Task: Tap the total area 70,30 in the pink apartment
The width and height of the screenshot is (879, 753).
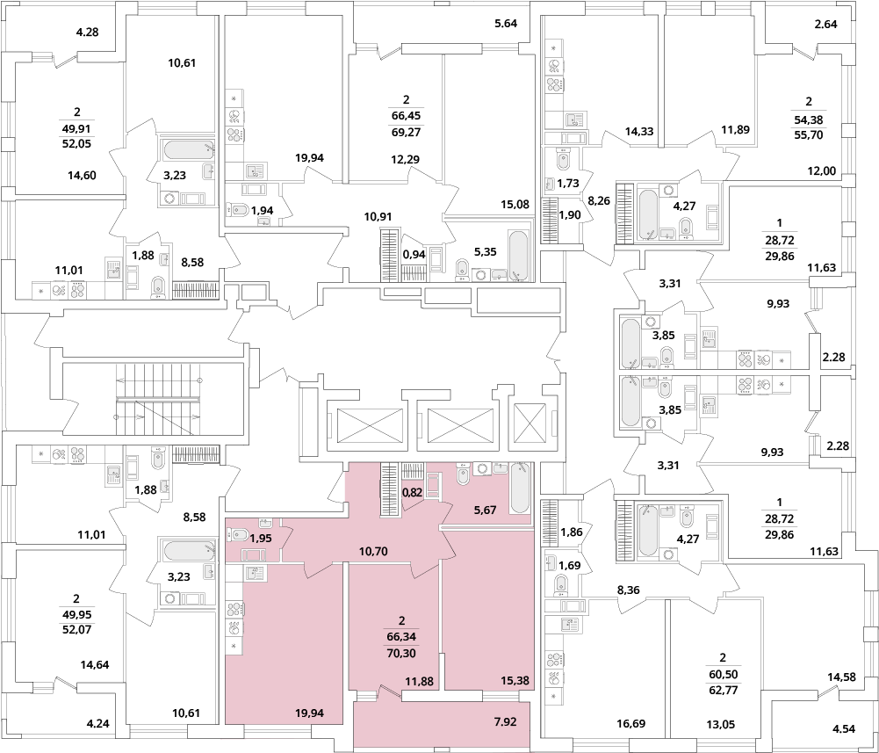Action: pos(401,653)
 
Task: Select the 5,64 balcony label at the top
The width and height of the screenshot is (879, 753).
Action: pos(506,24)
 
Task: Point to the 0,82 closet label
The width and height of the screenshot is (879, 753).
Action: pos(414,495)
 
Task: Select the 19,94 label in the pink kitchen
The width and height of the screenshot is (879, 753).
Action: pos(309,713)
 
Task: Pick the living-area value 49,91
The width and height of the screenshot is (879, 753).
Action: pos(76,128)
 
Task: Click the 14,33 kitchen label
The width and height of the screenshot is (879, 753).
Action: pos(639,131)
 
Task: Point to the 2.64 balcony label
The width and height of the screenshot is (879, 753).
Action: pos(825,24)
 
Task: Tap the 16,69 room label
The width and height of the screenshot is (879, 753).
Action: pos(630,724)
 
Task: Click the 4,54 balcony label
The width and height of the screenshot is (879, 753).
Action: pos(844,729)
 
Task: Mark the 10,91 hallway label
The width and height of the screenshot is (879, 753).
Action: pos(378,216)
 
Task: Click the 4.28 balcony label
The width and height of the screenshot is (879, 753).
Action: pos(87,32)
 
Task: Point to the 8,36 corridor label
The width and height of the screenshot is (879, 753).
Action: pos(628,590)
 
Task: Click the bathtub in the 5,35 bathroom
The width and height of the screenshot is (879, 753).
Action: pos(518,256)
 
